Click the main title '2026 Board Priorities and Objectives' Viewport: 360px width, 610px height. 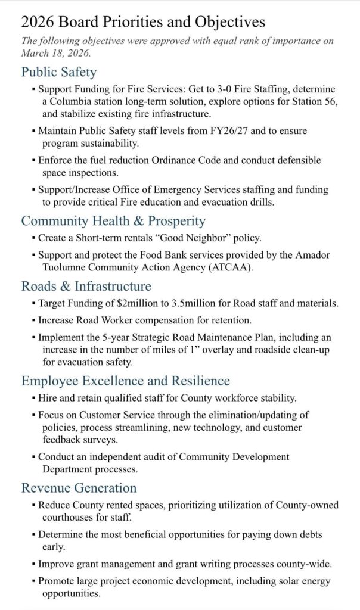pyautogui.click(x=143, y=23)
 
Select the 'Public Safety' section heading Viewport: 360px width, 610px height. pyautogui.click(x=59, y=73)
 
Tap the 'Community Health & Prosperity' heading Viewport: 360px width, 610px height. pyautogui.click(x=113, y=221)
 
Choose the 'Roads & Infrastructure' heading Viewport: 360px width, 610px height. pyautogui.click(x=86, y=287)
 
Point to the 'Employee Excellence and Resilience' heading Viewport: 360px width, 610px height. pyautogui.click(x=126, y=381)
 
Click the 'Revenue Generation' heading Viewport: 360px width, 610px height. pyautogui.click(x=79, y=488)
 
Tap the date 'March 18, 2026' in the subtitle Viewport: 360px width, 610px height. pyautogui.click(x=56, y=52)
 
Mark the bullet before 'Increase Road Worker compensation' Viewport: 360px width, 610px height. pyautogui.click(x=33, y=320)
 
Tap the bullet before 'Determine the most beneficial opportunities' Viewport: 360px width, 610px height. pyautogui.click(x=33, y=534)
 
